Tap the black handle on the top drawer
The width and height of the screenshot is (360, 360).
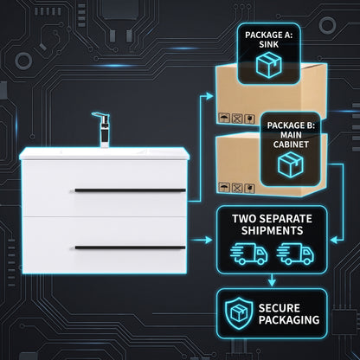130,190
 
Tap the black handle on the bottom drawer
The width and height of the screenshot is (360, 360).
130,247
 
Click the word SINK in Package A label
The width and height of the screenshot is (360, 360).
268,44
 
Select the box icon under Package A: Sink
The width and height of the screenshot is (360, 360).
268,65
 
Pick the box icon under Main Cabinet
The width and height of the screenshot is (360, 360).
291,164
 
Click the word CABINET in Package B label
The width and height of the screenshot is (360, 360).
291,145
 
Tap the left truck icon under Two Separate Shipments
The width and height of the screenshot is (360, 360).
248,254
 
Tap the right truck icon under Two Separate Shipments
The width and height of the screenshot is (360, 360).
295,254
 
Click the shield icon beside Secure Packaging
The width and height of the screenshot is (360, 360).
239,314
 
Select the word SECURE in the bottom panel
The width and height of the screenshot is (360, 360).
280,308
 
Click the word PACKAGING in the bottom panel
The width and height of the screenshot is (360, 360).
289,320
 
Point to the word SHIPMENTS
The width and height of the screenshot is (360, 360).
272,230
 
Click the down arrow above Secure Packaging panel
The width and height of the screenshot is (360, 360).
272,280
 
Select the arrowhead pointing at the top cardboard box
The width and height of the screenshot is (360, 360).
209,96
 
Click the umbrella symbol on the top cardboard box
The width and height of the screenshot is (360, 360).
224,118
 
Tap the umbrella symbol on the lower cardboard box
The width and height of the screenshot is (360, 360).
224,187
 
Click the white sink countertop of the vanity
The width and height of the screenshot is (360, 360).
104,153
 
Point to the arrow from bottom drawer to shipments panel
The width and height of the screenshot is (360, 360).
202,240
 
